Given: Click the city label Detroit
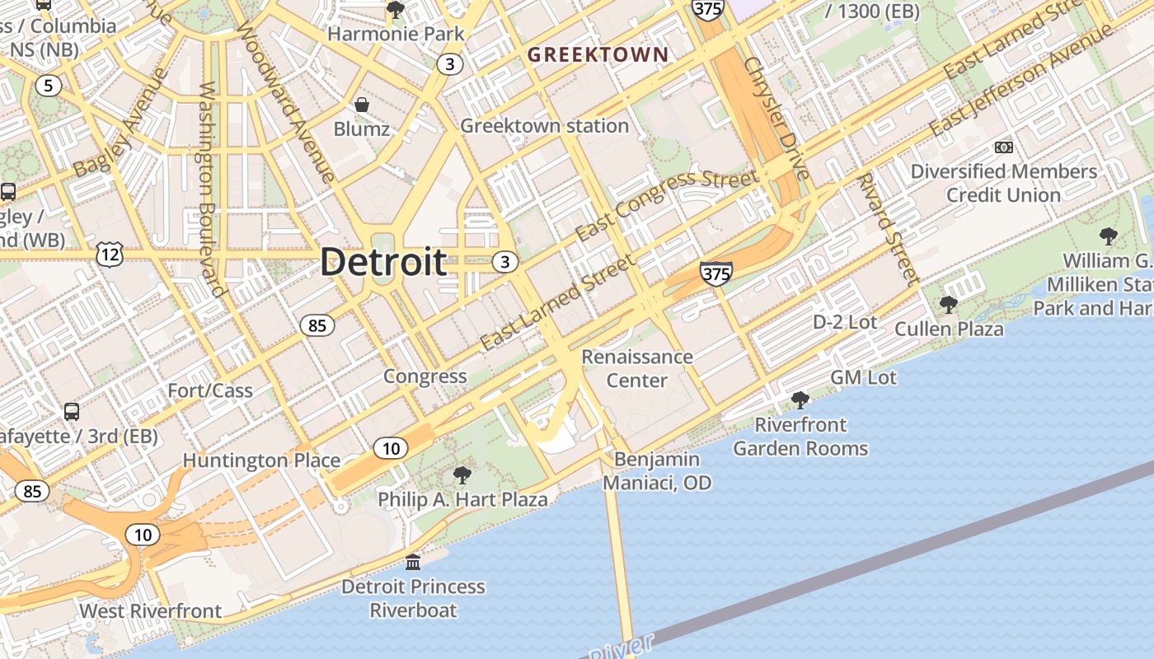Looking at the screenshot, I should [383, 263].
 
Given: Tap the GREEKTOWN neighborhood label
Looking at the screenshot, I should [598, 55].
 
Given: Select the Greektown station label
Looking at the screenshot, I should [544, 126].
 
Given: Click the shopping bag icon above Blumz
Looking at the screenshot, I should [361, 105].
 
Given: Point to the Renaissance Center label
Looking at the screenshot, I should [636, 368].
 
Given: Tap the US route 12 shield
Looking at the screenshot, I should [110, 255].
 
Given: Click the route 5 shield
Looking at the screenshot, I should [49, 85].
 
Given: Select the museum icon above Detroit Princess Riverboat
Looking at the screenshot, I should [413, 562].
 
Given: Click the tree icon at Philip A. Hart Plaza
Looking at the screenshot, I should [462, 475].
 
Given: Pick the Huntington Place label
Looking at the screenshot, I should [261, 460].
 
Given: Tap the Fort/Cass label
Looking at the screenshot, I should [210, 390].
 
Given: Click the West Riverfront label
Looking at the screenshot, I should [150, 611].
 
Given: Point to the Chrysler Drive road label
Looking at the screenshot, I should [776, 118].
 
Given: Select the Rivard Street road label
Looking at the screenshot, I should [887, 227].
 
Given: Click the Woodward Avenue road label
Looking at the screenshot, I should [285, 96].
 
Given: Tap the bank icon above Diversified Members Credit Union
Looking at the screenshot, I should [1003, 147].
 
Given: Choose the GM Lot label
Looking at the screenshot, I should [863, 377].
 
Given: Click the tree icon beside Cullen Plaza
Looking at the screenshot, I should [948, 304].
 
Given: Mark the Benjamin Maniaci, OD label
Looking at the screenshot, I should [657, 471].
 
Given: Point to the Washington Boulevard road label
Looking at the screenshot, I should [211, 189].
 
